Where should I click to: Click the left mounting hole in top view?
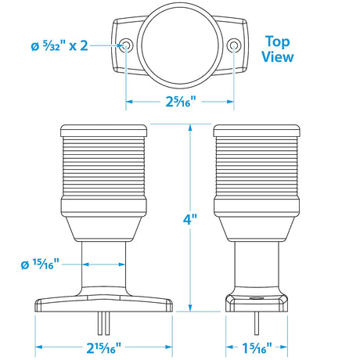point(125,46)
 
